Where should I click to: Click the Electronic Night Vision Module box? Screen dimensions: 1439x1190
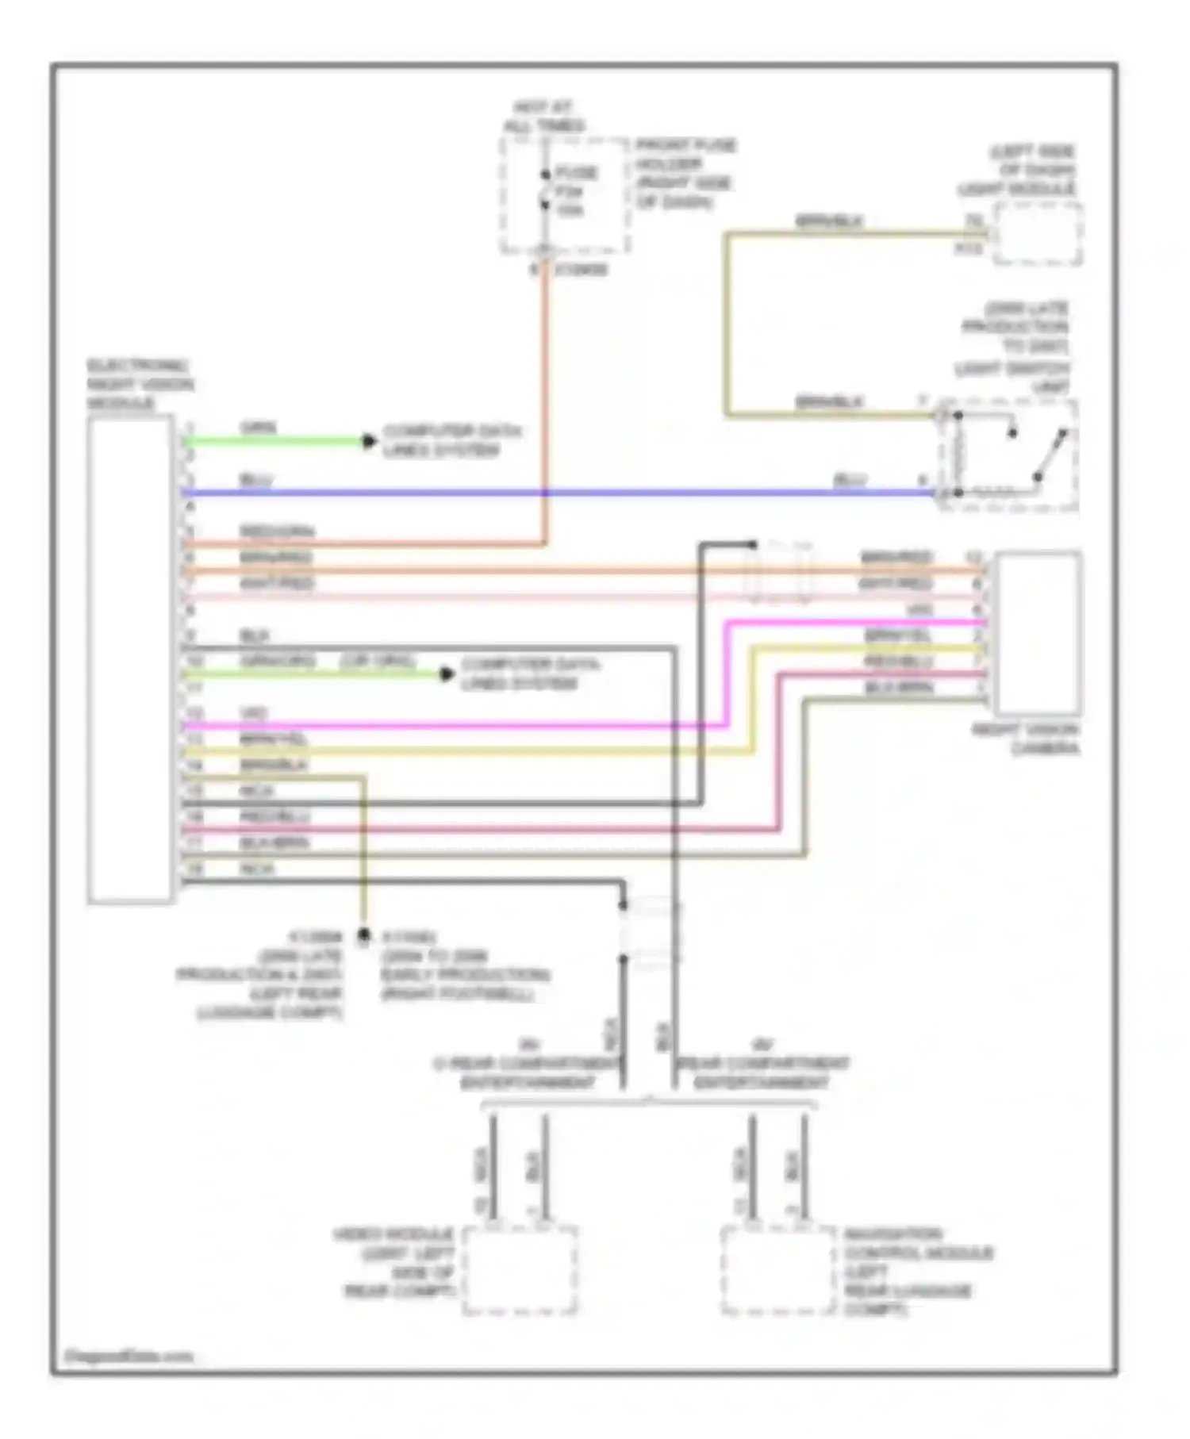(x=130, y=658)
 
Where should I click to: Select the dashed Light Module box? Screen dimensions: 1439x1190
(x=1038, y=233)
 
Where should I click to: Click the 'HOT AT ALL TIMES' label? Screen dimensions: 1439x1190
(x=544, y=117)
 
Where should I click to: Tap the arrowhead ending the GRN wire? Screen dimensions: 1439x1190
(x=369, y=441)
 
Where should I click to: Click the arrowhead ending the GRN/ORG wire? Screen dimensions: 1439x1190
(x=447, y=674)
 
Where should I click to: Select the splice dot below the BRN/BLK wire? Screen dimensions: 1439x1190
(x=364, y=936)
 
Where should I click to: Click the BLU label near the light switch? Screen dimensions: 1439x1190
(x=850, y=480)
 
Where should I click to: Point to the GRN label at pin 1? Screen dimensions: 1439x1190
(x=259, y=428)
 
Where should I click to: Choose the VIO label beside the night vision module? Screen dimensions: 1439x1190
(x=254, y=713)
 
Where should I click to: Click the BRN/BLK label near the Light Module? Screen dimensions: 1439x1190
(x=829, y=221)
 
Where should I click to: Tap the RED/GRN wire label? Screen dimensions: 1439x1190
(x=277, y=531)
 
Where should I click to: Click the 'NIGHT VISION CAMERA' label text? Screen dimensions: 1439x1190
(x=1026, y=739)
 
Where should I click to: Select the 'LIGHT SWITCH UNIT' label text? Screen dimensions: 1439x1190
(x=1012, y=378)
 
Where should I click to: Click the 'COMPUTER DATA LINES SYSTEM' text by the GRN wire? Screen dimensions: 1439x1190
(x=452, y=440)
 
